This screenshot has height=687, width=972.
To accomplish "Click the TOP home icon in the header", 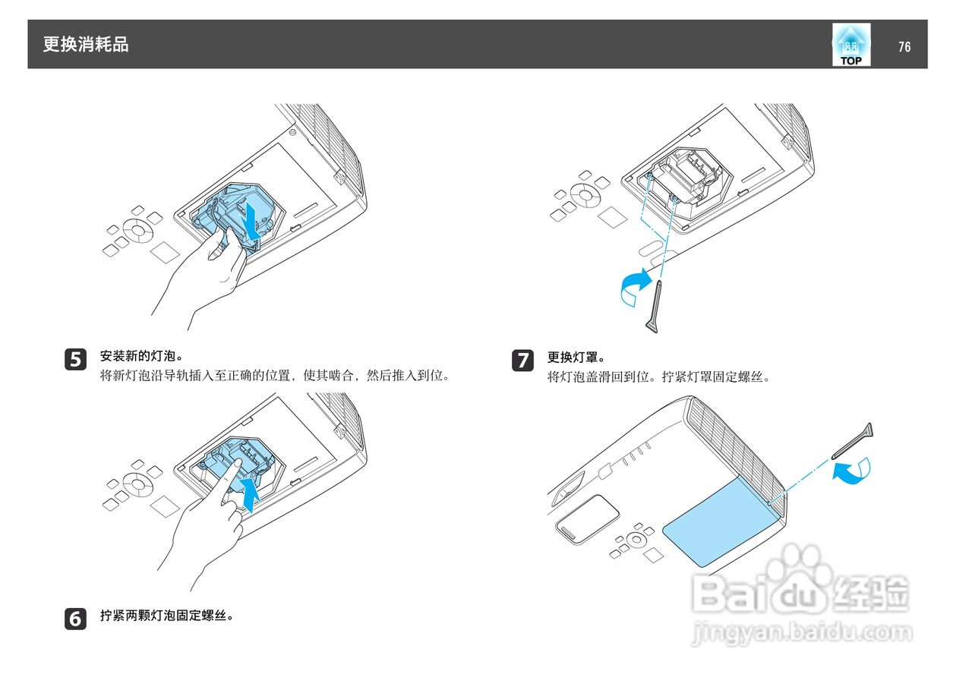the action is pos(851,45).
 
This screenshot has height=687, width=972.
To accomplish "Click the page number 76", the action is pos(904,46).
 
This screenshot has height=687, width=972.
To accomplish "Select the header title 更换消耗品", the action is pos(86,44).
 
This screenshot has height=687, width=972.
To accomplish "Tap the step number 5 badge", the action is pos(75,360).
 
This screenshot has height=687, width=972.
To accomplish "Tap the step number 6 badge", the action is pos(75,619).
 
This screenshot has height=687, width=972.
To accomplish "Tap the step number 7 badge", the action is pos(523,361).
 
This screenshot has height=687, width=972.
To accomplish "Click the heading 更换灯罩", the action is pos(576,358).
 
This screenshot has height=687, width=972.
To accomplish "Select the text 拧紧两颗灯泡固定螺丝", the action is pos(167,615).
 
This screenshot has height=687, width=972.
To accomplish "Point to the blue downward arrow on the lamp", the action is pos(252,221).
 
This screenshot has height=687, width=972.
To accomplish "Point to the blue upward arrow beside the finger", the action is pos(250,495).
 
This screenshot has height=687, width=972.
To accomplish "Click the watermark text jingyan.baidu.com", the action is pos(801,632).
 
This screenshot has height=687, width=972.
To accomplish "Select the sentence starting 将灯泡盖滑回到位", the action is pos(658,377).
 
